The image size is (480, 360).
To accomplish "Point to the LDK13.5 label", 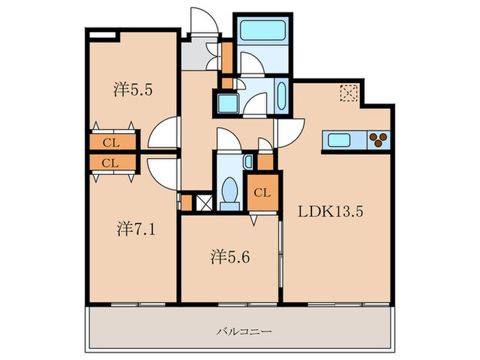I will tap(329, 211).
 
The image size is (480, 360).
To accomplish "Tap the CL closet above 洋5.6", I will tap(263, 193).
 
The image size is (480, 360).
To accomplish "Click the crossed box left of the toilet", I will tap(204, 203).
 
